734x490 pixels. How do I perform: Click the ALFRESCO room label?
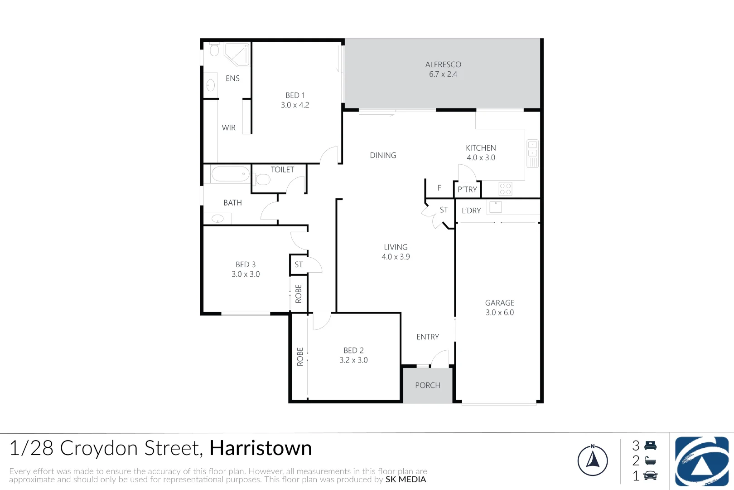(443, 64)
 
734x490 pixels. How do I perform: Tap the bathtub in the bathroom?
(230, 174)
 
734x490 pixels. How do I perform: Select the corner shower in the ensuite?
(237, 54)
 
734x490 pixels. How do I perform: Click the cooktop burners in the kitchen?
(505, 189)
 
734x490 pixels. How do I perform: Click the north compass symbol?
(593, 460)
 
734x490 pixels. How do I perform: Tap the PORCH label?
(428, 385)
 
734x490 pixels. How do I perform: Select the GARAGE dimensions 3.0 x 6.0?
(500, 313)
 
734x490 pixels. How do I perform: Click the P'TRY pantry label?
(467, 190)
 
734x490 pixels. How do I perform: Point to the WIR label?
(229, 128)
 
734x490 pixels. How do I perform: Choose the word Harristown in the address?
(261, 448)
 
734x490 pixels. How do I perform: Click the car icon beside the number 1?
(650, 475)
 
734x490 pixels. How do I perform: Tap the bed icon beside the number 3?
(650, 446)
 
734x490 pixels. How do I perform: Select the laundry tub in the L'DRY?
(495, 207)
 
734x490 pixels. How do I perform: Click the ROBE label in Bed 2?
(300, 357)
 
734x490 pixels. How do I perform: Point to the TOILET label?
(282, 170)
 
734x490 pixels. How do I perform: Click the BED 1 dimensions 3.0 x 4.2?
(295, 105)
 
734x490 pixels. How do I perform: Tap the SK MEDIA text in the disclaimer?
(406, 480)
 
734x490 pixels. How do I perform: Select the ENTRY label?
(428, 337)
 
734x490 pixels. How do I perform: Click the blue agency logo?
(701, 461)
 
